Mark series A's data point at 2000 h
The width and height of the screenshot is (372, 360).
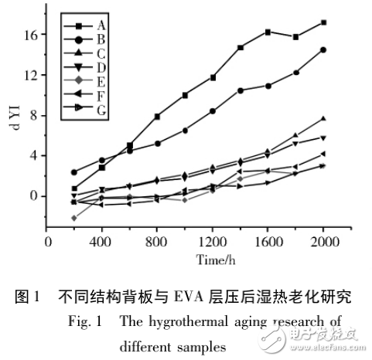tap(323, 22)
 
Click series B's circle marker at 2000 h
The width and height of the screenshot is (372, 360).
tap(323, 49)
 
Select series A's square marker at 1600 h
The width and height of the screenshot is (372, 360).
tap(268, 32)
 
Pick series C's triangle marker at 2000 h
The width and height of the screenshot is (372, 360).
tap(323, 118)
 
